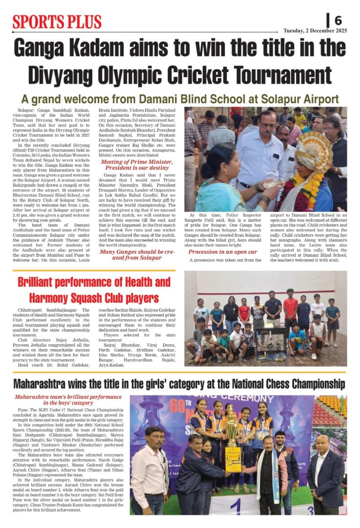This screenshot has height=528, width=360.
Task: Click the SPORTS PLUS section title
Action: (57, 22)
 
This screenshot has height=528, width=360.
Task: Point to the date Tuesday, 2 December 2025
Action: (315, 31)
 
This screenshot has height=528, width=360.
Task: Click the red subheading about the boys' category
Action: (68, 400)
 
